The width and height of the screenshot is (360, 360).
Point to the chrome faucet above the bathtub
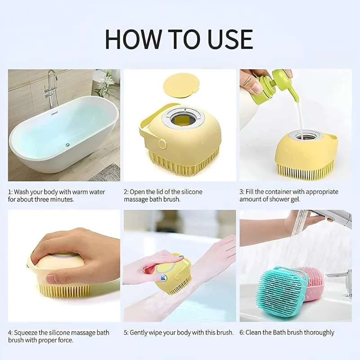(50, 88)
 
